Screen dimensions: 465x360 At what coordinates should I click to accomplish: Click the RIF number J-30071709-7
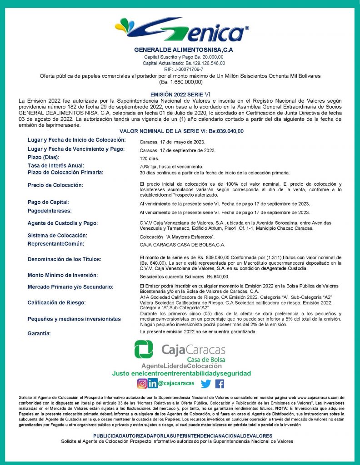pos(180,69)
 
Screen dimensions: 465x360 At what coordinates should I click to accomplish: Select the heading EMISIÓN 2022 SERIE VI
pos(180,92)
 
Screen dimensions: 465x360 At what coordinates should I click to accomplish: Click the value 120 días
pos(150,159)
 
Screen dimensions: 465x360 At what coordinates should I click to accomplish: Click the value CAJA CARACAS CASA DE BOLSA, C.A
pos(182,245)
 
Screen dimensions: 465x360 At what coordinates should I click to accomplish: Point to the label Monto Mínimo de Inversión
pos(62,275)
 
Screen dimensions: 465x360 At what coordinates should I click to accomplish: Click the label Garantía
pos(39,334)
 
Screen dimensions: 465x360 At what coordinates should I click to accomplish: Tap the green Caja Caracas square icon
pos(144,349)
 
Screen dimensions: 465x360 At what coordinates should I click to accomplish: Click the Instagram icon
pos(142,383)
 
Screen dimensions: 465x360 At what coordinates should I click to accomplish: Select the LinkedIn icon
pos(153,383)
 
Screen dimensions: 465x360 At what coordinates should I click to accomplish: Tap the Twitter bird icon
pos(206,384)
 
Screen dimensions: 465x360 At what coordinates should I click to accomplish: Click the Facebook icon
pos(220,384)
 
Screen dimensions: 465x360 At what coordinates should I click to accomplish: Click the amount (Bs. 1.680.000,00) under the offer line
pos(180,82)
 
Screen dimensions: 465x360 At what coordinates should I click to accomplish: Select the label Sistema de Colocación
pos(57,236)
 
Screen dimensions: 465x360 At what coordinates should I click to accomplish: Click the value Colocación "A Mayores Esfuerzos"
pos(177,237)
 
